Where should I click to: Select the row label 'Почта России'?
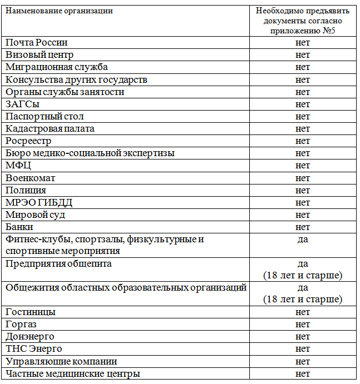coord(37,43)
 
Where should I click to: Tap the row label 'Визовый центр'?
coord(40,55)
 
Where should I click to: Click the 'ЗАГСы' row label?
coord(23,104)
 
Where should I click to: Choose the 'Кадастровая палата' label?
coord(50,128)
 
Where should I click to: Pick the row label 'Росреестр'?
coord(28,141)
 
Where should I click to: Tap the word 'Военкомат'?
coord(30,178)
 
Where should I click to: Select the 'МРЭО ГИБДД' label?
coord(39,202)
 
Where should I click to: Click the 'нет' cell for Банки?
coord(303,227)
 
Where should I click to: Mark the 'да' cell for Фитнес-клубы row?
coord(303,240)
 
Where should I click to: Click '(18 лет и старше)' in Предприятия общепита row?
coord(303,275)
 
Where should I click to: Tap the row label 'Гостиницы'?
coord(31,312)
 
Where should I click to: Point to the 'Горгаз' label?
coord(21,325)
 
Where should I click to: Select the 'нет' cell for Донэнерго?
coord(303,337)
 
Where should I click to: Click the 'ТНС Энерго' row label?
coord(33,349)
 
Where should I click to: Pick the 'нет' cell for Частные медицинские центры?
coord(303,373)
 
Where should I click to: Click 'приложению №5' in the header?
coord(302,31)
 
